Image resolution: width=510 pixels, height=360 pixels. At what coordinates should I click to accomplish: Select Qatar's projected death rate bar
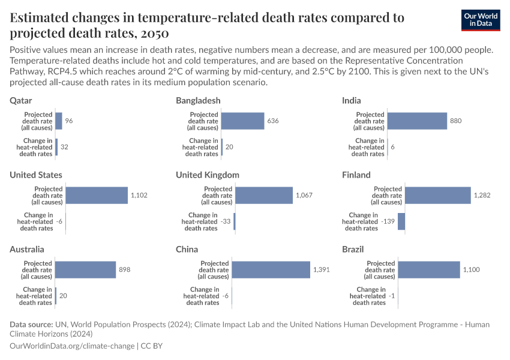[59, 121]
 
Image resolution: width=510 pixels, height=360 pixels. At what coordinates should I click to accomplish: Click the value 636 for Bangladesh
[273, 121]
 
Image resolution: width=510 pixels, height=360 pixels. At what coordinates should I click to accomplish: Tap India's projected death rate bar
[417, 121]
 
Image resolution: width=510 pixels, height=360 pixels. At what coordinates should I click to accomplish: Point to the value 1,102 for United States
[139, 196]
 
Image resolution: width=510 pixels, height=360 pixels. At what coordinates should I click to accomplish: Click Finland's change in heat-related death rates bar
[401, 222]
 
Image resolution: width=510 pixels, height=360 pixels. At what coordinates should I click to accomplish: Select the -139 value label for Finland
[388, 222]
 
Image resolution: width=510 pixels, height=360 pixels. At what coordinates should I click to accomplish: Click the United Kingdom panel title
[208, 175]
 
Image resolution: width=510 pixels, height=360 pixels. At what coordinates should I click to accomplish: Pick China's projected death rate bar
[271, 270]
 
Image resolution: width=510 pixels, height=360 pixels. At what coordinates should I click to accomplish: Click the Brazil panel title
[353, 250]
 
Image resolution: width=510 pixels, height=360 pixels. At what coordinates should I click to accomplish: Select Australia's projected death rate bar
[85, 270]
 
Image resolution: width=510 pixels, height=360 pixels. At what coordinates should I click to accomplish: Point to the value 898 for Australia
[124, 270]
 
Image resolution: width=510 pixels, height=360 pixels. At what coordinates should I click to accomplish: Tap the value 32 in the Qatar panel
[65, 148]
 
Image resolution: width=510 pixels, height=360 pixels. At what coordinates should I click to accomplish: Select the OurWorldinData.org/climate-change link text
[73, 346]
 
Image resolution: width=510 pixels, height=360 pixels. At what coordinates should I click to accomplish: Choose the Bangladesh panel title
[198, 101]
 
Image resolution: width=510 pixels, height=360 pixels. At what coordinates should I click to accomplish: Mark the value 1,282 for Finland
[482, 196]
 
